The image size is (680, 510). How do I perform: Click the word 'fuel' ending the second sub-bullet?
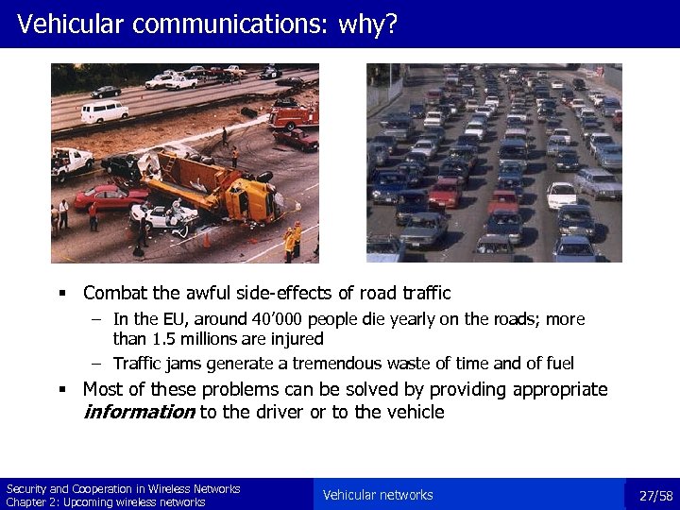point(557,364)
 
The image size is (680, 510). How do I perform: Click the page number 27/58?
point(655,496)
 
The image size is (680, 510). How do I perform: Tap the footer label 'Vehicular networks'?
point(378,495)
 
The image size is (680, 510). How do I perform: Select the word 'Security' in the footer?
point(25,489)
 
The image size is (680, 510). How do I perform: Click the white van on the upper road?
point(104,111)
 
